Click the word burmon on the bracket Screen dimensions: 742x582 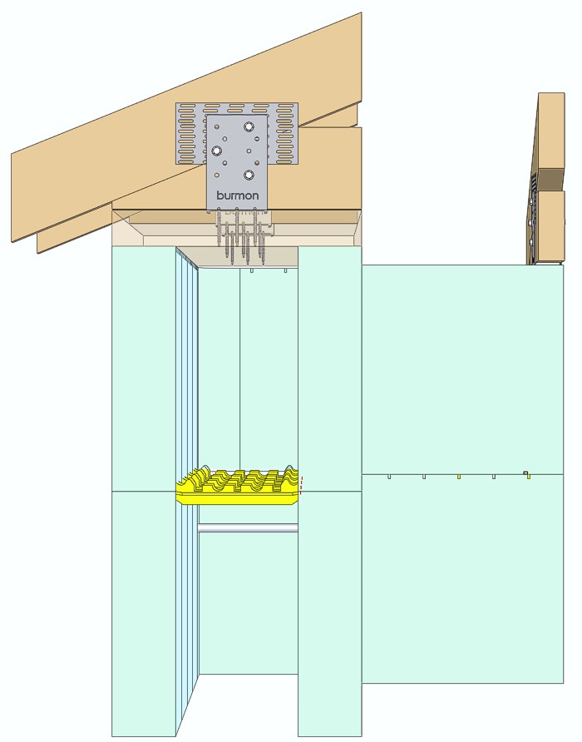click(x=237, y=196)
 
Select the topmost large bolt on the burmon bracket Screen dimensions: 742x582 click(x=249, y=127)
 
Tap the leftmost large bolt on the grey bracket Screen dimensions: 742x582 click(x=217, y=151)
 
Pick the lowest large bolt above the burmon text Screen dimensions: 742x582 click(x=249, y=176)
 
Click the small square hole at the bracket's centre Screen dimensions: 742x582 click(x=235, y=151)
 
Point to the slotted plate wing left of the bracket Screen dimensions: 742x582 click(x=190, y=133)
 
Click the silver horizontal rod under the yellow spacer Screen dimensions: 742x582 click(x=248, y=527)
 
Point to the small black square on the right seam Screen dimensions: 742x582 click(x=525, y=472)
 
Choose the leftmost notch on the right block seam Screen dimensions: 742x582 click(x=389, y=477)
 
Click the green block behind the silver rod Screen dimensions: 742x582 click(x=248, y=599)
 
